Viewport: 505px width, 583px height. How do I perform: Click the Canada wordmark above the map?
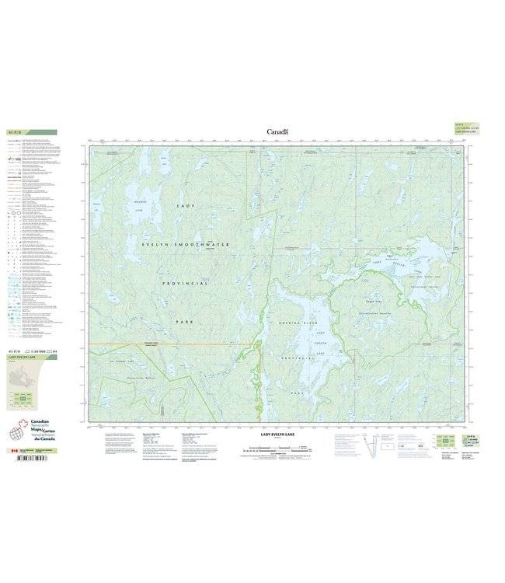point(277,131)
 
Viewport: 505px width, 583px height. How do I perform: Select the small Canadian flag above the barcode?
point(12,450)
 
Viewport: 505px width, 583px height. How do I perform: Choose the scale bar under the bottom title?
point(276,449)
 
